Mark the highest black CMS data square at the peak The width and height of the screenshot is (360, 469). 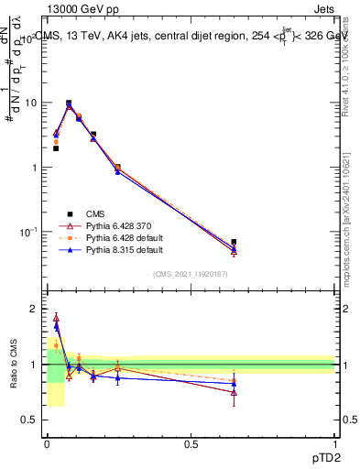click(x=69, y=104)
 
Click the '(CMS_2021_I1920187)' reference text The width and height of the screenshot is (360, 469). click(x=190, y=273)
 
